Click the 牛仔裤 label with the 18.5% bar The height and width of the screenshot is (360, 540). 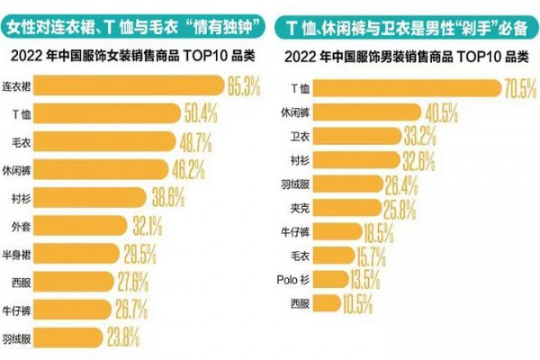[295, 232]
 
